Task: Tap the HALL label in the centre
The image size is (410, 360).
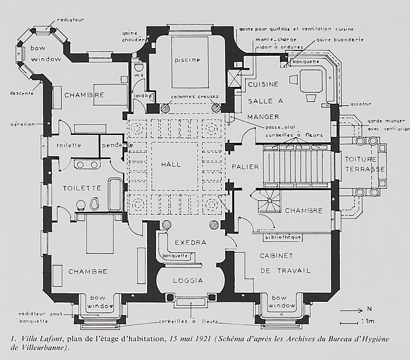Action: click(170, 164)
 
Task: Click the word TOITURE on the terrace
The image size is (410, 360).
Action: click(360, 160)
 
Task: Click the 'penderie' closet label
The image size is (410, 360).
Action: click(115, 145)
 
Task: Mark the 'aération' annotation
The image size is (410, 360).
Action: click(22, 124)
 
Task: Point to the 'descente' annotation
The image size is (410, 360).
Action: click(20, 92)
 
